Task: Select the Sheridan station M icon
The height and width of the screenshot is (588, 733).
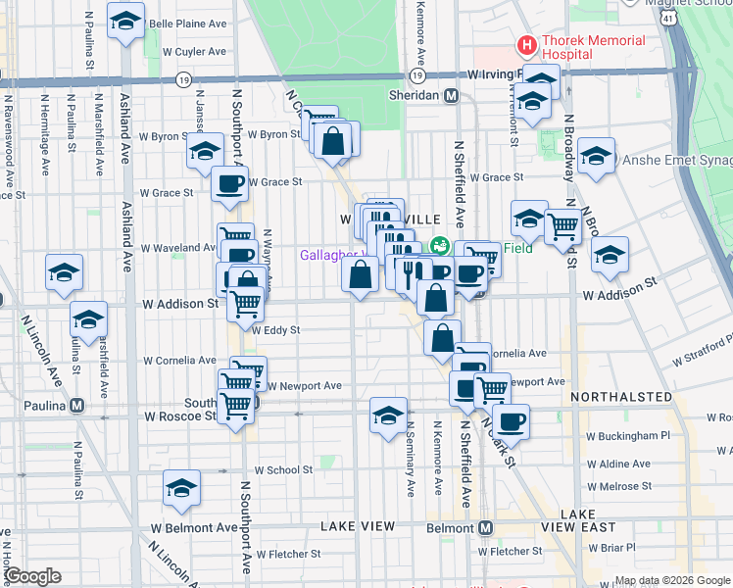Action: (x=452, y=96)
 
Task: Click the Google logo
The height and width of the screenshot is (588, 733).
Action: (x=31, y=576)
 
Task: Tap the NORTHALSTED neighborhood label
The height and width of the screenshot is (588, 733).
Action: (x=621, y=398)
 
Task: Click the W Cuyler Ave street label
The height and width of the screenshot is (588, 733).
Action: (x=194, y=51)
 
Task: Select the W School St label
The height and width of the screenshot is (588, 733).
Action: (x=282, y=470)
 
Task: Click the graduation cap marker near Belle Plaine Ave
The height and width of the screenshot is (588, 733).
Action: (x=126, y=21)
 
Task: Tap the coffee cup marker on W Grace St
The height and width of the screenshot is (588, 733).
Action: (x=230, y=183)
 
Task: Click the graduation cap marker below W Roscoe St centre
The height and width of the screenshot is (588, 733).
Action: (x=388, y=416)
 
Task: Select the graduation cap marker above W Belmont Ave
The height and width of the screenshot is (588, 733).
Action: (x=182, y=487)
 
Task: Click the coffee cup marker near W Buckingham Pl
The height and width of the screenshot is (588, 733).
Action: (x=511, y=421)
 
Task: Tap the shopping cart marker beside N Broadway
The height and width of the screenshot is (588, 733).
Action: (x=562, y=225)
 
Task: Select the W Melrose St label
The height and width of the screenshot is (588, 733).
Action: (x=612, y=486)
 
